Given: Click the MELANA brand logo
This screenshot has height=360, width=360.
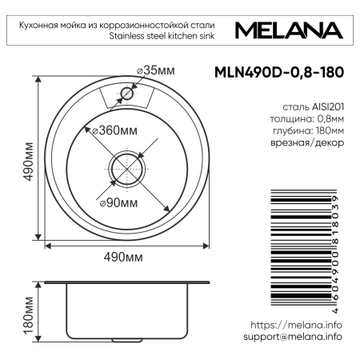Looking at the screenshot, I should tap(290, 30).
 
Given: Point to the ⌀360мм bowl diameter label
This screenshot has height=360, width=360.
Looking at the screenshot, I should tap(115, 130).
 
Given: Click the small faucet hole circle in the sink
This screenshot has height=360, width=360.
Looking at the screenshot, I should tap(126, 94).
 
